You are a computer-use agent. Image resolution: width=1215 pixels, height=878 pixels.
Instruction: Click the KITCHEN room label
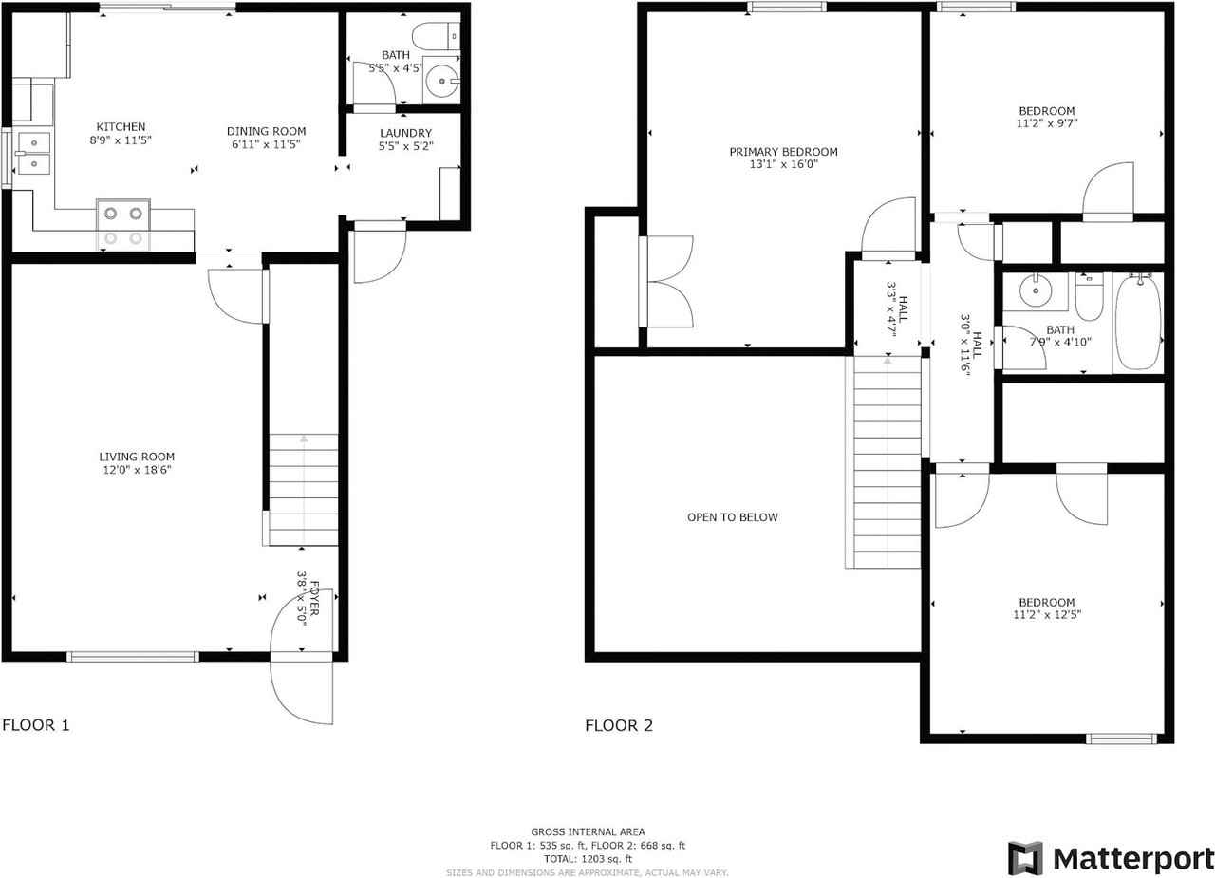tap(121, 127)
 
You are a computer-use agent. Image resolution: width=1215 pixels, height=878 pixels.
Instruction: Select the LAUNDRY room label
tap(405, 133)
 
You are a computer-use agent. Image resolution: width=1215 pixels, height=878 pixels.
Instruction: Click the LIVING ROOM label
tap(138, 457)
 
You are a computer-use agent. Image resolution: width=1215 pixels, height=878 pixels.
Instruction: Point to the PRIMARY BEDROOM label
tap(783, 152)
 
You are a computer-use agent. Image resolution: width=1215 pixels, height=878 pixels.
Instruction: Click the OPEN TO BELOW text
tap(732, 517)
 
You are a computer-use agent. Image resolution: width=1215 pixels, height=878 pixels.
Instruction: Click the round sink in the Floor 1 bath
tap(440, 82)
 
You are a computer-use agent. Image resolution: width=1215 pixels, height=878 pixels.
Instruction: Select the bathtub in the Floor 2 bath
tap(1137, 322)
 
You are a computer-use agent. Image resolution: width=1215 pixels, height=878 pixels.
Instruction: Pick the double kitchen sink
tap(34, 154)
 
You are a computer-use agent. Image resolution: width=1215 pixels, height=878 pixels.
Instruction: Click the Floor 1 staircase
tap(304, 490)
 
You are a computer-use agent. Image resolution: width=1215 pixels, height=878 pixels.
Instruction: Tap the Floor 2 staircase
tap(887, 462)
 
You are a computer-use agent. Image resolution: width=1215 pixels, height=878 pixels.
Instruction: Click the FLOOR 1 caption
tap(36, 726)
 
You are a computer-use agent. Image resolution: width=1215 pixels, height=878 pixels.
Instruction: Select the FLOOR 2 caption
tap(619, 726)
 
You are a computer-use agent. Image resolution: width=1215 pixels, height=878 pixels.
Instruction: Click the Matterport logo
tap(1111, 858)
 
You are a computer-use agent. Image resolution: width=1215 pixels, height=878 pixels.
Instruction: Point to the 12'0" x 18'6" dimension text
tap(138, 470)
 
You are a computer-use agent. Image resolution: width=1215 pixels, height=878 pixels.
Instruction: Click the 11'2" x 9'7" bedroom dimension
tap(1047, 122)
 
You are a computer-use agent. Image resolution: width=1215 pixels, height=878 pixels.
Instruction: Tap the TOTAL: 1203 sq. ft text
tap(588, 858)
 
